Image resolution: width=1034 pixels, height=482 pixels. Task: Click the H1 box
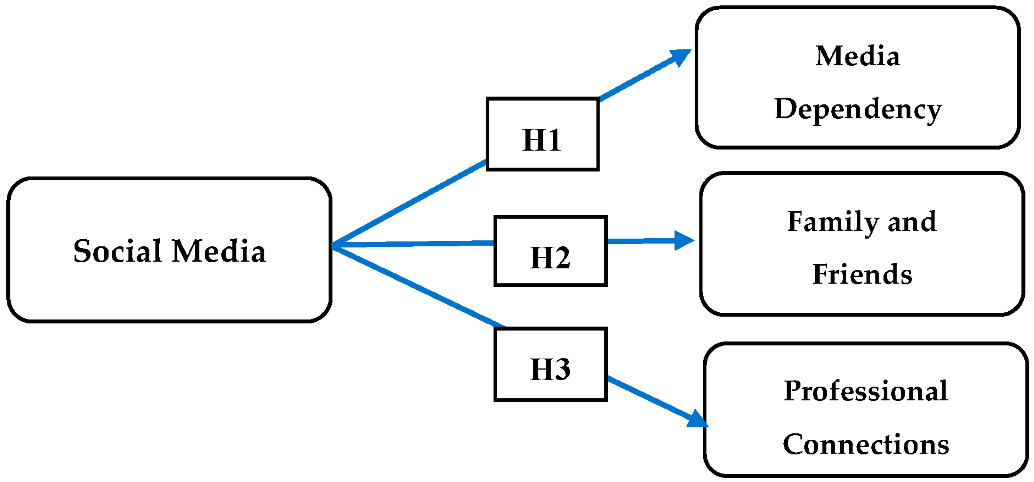click(542, 134)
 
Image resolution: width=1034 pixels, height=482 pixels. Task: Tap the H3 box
click(550, 364)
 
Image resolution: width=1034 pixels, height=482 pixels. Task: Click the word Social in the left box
click(117, 251)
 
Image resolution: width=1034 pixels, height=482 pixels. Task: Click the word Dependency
click(858, 109)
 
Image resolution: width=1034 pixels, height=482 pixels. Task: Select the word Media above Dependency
click(858, 56)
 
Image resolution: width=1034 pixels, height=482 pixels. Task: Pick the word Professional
click(866, 391)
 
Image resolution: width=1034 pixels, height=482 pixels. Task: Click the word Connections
click(866, 444)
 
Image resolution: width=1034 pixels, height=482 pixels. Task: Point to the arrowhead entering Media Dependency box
click(681, 57)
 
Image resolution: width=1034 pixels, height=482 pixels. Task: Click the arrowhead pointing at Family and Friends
click(683, 240)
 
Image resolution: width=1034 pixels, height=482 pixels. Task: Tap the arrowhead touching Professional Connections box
click(697, 419)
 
